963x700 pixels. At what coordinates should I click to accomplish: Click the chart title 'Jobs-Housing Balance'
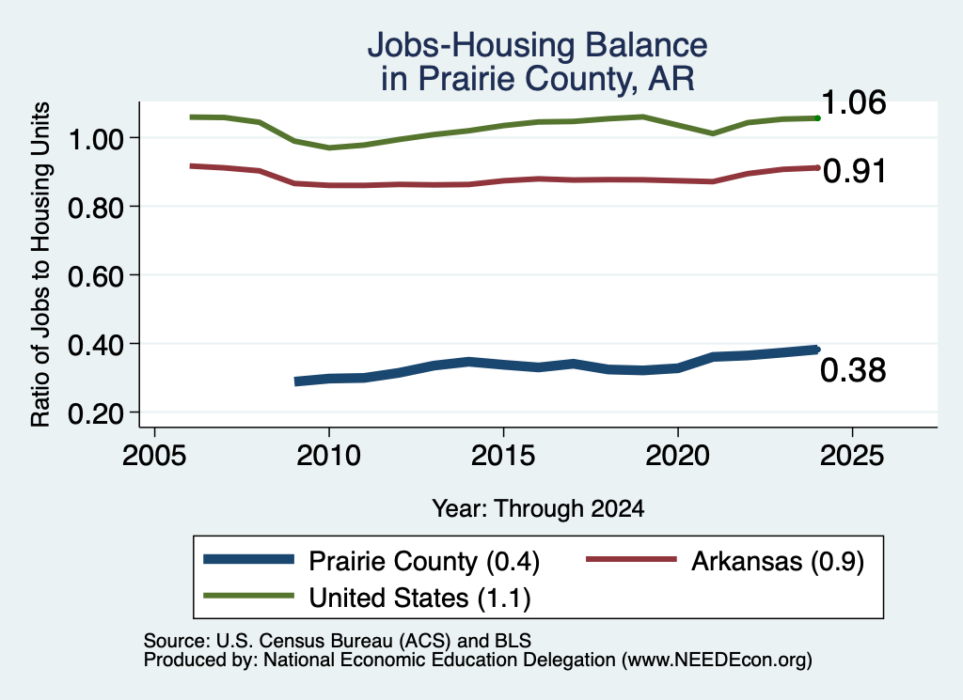[537, 45]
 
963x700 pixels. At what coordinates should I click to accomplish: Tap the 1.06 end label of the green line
[853, 102]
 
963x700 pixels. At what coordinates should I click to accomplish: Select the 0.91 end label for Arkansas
[854, 171]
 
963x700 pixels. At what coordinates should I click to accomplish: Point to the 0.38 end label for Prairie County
[853, 370]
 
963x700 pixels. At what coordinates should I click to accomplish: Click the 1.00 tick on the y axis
[95, 139]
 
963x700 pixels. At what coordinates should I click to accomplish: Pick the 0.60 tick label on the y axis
[95, 276]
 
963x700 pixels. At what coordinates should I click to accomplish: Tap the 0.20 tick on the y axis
[95, 414]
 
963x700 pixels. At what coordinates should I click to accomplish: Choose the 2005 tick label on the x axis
[155, 456]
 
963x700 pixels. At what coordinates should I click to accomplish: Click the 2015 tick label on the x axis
[503, 456]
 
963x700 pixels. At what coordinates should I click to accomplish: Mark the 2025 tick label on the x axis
[852, 456]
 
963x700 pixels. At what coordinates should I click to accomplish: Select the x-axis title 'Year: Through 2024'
[538, 508]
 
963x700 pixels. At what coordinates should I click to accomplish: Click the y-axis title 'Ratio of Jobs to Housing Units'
[40, 264]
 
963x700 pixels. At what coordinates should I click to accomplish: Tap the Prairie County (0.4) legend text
[424, 561]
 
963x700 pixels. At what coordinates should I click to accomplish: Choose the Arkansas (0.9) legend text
[778, 561]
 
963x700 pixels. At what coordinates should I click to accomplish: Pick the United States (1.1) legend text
[419, 598]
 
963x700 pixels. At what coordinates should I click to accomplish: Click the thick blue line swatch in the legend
[248, 559]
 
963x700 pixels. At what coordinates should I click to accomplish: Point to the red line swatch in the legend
[631, 559]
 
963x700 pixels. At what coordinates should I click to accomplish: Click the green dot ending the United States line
[817, 117]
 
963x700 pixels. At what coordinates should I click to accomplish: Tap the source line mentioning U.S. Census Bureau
[338, 641]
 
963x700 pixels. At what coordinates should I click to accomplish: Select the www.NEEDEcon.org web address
[717, 661]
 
